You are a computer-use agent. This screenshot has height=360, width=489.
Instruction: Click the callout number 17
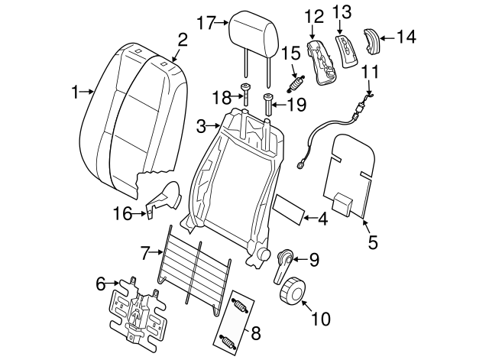(206, 22)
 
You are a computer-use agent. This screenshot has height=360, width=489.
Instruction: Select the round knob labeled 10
(291, 291)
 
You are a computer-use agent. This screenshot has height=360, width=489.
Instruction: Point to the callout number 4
(322, 219)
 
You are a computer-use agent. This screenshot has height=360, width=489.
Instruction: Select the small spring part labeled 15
(295, 79)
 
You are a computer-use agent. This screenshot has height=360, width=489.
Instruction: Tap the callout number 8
(256, 332)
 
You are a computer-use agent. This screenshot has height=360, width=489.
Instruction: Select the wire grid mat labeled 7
(195, 264)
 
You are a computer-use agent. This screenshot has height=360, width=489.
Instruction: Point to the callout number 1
(76, 92)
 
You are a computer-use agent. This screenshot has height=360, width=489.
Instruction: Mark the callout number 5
(373, 244)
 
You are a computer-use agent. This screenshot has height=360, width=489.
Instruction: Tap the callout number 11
(370, 72)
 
